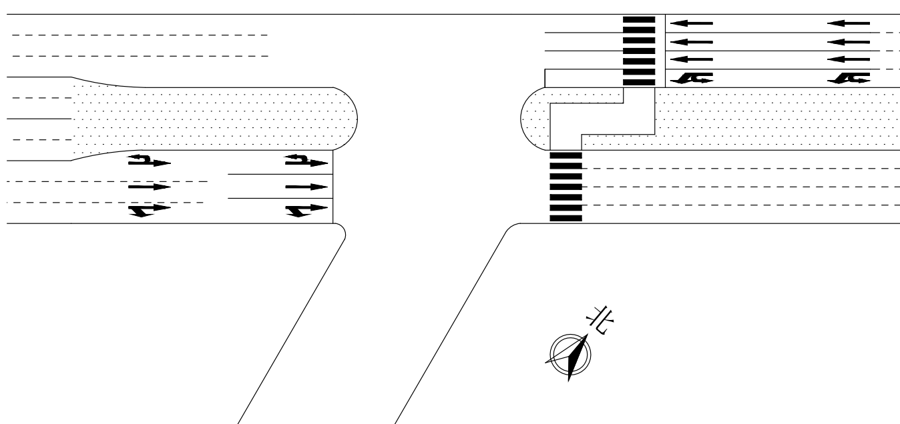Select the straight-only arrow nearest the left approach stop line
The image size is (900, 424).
(306, 187)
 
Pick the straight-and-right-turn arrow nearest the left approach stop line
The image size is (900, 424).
(306, 211)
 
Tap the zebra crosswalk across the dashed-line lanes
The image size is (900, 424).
(565, 187)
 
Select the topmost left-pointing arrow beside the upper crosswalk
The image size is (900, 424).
(691, 23)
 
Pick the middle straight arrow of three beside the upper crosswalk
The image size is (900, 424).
(691, 41)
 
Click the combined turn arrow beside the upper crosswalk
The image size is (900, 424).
(691, 78)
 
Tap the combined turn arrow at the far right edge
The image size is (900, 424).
(849, 78)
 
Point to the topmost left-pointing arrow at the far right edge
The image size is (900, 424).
(849, 23)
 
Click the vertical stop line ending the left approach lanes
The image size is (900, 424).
(332, 187)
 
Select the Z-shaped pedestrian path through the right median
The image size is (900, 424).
(601, 119)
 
